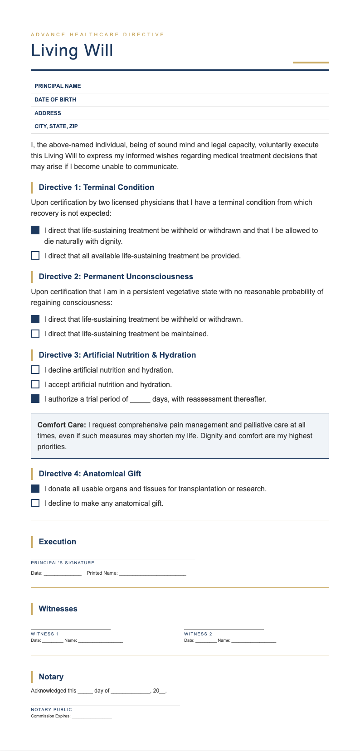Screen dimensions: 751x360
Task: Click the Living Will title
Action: (72, 50)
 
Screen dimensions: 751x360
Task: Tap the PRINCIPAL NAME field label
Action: (58, 86)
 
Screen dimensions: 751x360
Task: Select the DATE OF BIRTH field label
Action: (55, 100)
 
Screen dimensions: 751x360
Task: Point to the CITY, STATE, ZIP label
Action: (56, 126)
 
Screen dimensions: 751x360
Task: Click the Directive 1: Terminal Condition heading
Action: (96, 187)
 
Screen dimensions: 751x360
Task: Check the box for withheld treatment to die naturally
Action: (35, 230)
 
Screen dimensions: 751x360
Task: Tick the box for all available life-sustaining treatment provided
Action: (35, 256)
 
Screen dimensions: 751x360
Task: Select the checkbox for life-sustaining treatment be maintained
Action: (35, 334)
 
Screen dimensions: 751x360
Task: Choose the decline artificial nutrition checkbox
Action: (35, 370)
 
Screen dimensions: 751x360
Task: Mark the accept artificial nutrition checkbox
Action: (35, 384)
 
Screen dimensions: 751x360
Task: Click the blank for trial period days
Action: (140, 400)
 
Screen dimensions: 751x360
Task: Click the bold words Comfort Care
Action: (62, 425)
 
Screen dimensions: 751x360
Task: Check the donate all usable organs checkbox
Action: (35, 489)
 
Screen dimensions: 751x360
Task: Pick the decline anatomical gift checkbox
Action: (35, 503)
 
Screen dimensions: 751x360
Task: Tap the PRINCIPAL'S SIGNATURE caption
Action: (63, 563)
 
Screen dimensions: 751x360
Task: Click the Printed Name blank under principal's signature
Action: (152, 574)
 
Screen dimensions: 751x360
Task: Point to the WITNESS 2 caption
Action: (198, 634)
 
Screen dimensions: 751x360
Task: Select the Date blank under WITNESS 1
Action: (53, 641)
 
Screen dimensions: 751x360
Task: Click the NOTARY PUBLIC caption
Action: (51, 710)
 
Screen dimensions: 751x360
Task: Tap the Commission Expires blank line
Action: (92, 717)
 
